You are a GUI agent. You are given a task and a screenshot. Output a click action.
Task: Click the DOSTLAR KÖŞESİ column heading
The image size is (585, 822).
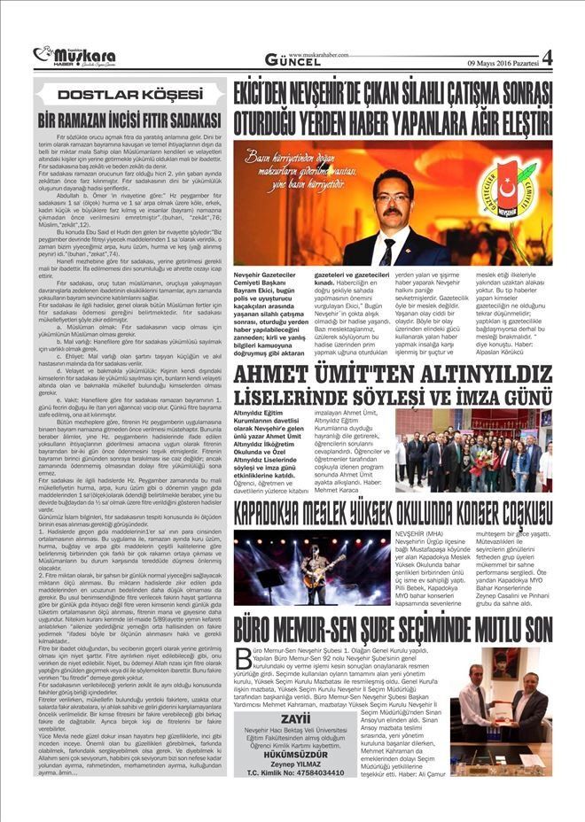(127, 93)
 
